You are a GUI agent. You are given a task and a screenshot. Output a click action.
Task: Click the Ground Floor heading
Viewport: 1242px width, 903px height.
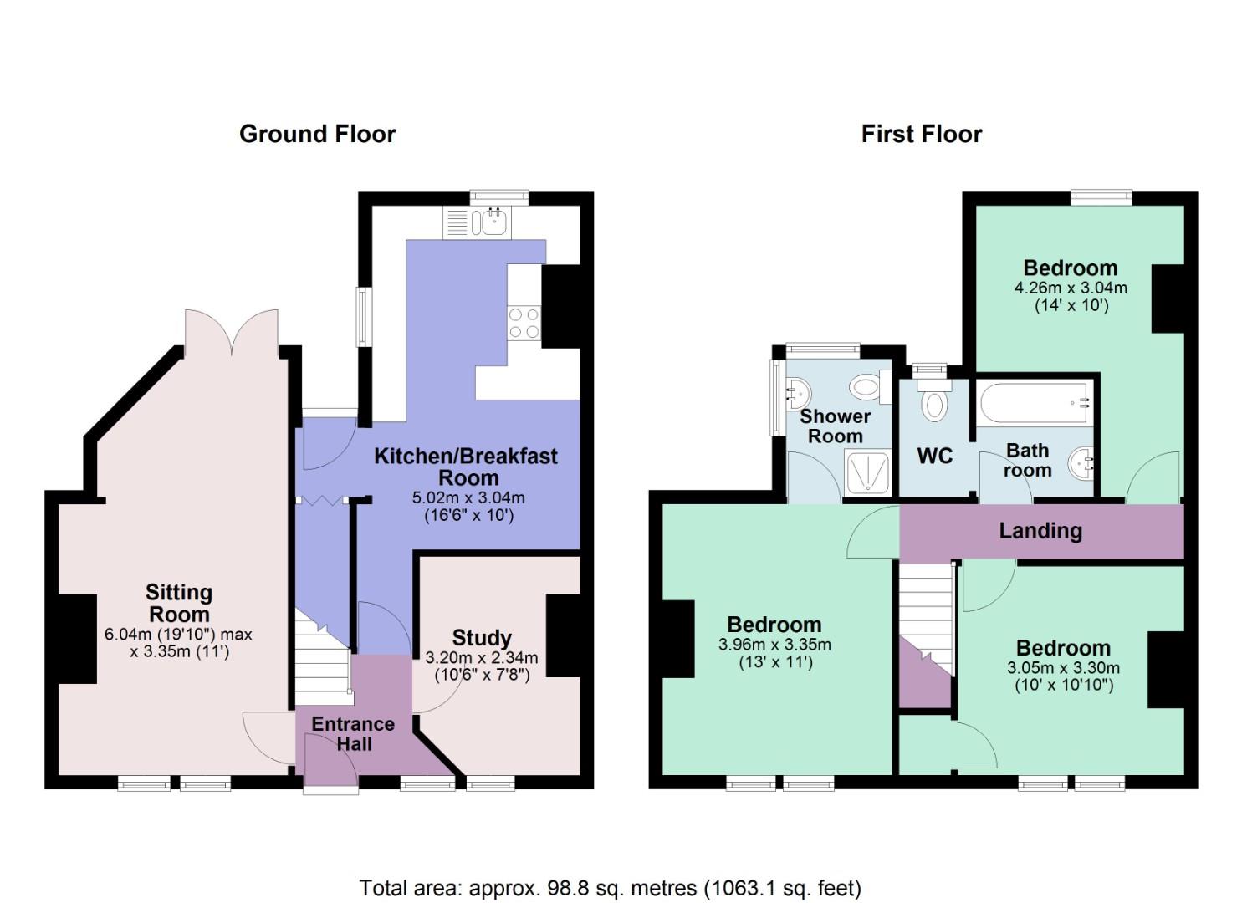(x=317, y=134)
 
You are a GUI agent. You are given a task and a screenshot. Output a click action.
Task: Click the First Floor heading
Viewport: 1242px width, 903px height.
(x=921, y=134)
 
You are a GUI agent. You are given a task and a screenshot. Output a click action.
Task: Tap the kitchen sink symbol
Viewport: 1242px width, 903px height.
(x=490, y=222)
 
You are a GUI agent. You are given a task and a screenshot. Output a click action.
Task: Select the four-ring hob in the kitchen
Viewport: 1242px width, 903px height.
(x=524, y=323)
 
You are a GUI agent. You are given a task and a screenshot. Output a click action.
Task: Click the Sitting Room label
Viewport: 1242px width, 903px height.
(x=179, y=603)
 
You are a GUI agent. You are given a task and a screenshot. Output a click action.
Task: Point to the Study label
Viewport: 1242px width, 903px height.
(x=481, y=638)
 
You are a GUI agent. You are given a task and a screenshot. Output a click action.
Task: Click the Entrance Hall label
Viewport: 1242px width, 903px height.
(x=353, y=733)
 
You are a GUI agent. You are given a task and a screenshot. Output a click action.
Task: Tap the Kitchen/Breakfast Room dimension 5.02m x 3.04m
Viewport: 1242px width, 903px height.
(x=468, y=497)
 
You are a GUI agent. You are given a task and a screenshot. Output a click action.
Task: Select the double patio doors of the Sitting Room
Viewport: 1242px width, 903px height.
(x=232, y=334)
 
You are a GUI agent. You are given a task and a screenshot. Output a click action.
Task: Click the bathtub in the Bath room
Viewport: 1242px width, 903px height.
(x=1035, y=403)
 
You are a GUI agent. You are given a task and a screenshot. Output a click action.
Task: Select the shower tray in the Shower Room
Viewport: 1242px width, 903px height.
(x=868, y=472)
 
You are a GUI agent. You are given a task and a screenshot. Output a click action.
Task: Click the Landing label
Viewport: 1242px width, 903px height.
(x=1040, y=531)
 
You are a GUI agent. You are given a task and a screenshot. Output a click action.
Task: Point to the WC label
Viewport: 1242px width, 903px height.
(x=934, y=456)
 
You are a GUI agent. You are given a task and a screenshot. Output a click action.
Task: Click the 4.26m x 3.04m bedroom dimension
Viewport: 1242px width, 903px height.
(x=1070, y=288)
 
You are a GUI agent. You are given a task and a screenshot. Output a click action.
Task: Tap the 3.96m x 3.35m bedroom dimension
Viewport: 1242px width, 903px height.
(x=774, y=645)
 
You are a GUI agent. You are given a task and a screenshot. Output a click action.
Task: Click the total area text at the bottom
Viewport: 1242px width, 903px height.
(x=610, y=887)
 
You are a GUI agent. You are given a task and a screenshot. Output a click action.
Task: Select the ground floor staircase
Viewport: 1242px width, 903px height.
(x=322, y=661)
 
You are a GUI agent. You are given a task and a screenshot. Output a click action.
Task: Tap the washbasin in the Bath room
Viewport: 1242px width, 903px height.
(x=1081, y=461)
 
